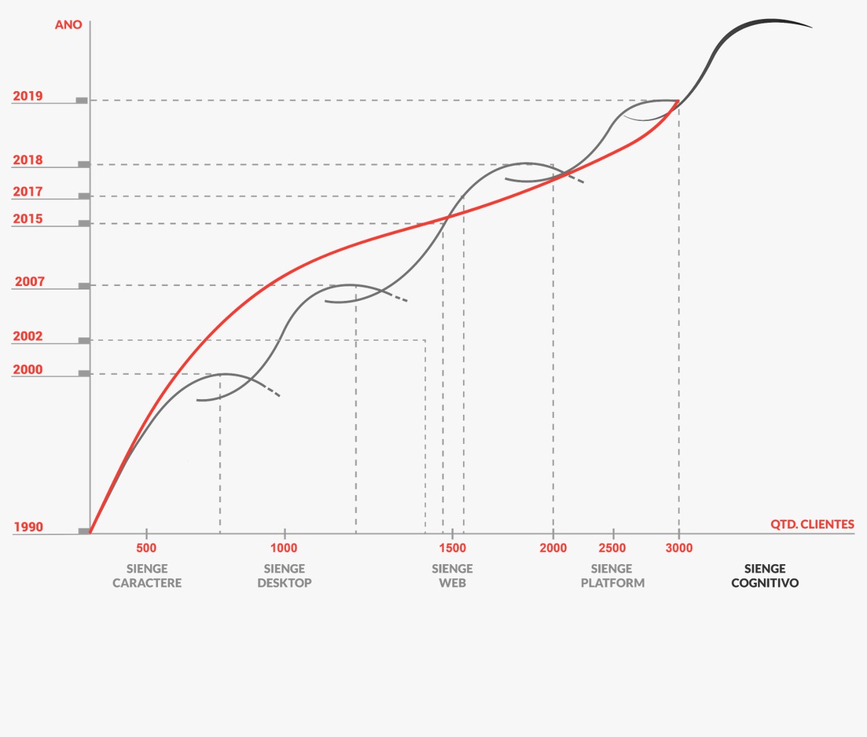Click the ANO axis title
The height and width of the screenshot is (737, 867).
tap(68, 25)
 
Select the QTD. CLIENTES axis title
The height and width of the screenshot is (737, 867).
tap(812, 524)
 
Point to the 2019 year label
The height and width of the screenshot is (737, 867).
tap(28, 96)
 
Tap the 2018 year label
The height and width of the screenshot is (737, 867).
tap(28, 160)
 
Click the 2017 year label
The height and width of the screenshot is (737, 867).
tap(28, 191)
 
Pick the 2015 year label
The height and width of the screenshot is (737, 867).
tap(28, 219)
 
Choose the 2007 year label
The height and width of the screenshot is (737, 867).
tap(30, 282)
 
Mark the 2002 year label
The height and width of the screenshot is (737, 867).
tap(28, 336)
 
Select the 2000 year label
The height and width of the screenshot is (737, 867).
tap(28, 370)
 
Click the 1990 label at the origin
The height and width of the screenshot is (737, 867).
tap(28, 527)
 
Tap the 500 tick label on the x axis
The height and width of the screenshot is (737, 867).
tap(146, 548)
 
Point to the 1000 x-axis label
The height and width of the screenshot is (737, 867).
tap(284, 548)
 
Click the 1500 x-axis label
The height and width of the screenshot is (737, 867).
tap(452, 548)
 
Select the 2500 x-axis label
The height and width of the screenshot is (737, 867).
tap(612, 548)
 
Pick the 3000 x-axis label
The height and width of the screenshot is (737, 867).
tap(679, 548)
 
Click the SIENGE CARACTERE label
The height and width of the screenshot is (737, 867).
tap(147, 576)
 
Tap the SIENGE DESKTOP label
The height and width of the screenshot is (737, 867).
tap(284, 576)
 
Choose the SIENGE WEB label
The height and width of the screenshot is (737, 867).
tap(452, 576)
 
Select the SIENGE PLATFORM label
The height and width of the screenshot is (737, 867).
tap(612, 576)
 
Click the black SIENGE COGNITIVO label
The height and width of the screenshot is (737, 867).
tap(765, 576)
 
